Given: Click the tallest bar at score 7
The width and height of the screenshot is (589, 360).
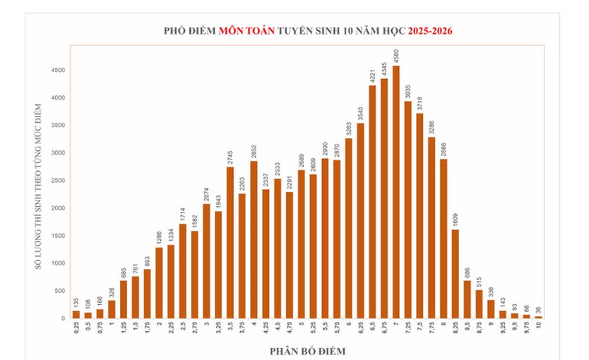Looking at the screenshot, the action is pos(396,192).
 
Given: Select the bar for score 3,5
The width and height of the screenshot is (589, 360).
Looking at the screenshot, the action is pos(230,243).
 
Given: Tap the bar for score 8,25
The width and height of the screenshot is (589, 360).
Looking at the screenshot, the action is pos(456,274).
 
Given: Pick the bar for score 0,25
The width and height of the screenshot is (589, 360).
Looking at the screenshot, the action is pos(76,315).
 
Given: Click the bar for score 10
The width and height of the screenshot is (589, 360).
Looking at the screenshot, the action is pos(538,318).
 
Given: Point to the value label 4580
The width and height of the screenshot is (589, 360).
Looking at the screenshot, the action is pos(396,56).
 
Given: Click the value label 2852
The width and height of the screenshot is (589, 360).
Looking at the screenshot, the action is pos(254,152).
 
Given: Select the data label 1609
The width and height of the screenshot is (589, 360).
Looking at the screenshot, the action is pos(456,220).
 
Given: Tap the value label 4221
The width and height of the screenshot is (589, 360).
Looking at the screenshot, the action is pos(373,76).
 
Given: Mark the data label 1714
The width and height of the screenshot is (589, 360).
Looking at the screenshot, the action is pos(183,215).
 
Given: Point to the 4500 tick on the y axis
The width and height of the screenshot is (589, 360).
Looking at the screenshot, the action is pos(58,70).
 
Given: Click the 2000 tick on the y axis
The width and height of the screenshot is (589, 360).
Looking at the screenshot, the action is pos(58,208).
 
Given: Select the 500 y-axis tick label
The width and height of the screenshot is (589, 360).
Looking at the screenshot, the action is pos(60,291).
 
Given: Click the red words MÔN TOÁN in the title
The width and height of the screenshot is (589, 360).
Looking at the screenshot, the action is pos(246,31).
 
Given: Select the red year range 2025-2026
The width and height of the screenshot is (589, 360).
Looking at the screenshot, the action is pos(430,31).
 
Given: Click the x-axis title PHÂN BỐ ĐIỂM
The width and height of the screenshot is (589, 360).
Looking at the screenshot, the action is pos(308,352).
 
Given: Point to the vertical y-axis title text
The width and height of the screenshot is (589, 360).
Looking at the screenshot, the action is pos(38,186).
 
